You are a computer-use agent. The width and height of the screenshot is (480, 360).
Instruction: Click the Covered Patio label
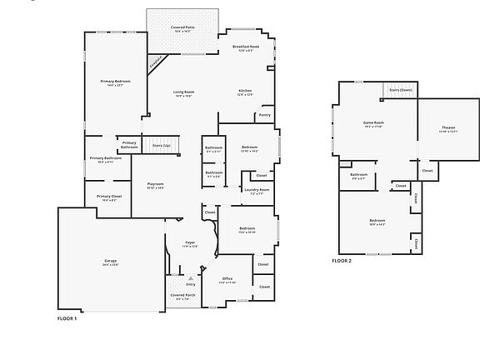coord(184,27)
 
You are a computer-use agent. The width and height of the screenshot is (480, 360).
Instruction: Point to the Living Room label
coord(183,92)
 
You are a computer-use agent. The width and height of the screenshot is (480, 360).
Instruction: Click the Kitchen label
coord(245,92)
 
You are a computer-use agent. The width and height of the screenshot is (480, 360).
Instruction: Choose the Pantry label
coord(264,115)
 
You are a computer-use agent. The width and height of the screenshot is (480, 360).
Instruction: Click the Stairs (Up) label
coord(162,146)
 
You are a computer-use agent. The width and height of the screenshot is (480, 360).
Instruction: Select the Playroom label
coord(155,185)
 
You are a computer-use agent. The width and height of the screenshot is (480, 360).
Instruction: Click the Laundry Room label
coord(257,191)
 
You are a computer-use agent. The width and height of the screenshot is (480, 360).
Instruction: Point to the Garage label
coord(110,262)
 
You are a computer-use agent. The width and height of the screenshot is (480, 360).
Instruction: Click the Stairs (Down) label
coord(401,90)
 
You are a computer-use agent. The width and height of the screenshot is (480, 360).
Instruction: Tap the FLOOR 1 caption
coord(67,317)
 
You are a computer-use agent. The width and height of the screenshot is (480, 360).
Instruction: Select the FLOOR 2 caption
coord(342,262)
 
